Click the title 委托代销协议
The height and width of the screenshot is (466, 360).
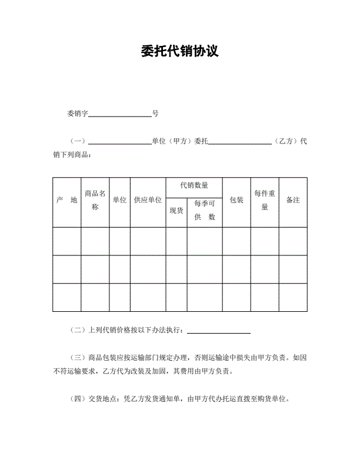pyautogui.click(x=180, y=51)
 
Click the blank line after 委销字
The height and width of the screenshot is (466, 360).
pyautogui.click(x=120, y=114)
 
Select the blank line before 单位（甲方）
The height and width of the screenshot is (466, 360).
pyautogui.click(x=119, y=142)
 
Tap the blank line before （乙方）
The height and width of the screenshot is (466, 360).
pyautogui.click(x=240, y=142)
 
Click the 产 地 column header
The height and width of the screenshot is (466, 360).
pyautogui.click(x=66, y=201)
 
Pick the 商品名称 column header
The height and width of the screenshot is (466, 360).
pyautogui.click(x=95, y=200)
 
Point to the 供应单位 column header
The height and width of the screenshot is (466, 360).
pyautogui.click(x=148, y=201)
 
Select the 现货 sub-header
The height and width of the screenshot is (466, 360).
pyautogui.click(x=176, y=211)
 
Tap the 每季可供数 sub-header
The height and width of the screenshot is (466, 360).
pyautogui.click(x=204, y=211)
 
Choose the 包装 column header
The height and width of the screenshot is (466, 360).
pyautogui.click(x=236, y=201)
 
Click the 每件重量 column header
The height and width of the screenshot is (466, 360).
pyautogui.click(x=264, y=200)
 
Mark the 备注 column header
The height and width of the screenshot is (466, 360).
pyautogui.click(x=293, y=201)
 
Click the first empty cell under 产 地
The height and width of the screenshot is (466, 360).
pyautogui.click(x=66, y=241)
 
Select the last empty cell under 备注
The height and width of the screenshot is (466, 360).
pyautogui.click(x=293, y=298)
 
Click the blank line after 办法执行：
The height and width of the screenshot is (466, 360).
pyautogui.click(x=218, y=331)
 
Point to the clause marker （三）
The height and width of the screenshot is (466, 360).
pyautogui.click(x=78, y=358)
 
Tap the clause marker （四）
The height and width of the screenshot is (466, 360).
pyautogui.click(x=78, y=399)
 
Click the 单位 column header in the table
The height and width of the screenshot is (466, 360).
pyautogui.click(x=119, y=201)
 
